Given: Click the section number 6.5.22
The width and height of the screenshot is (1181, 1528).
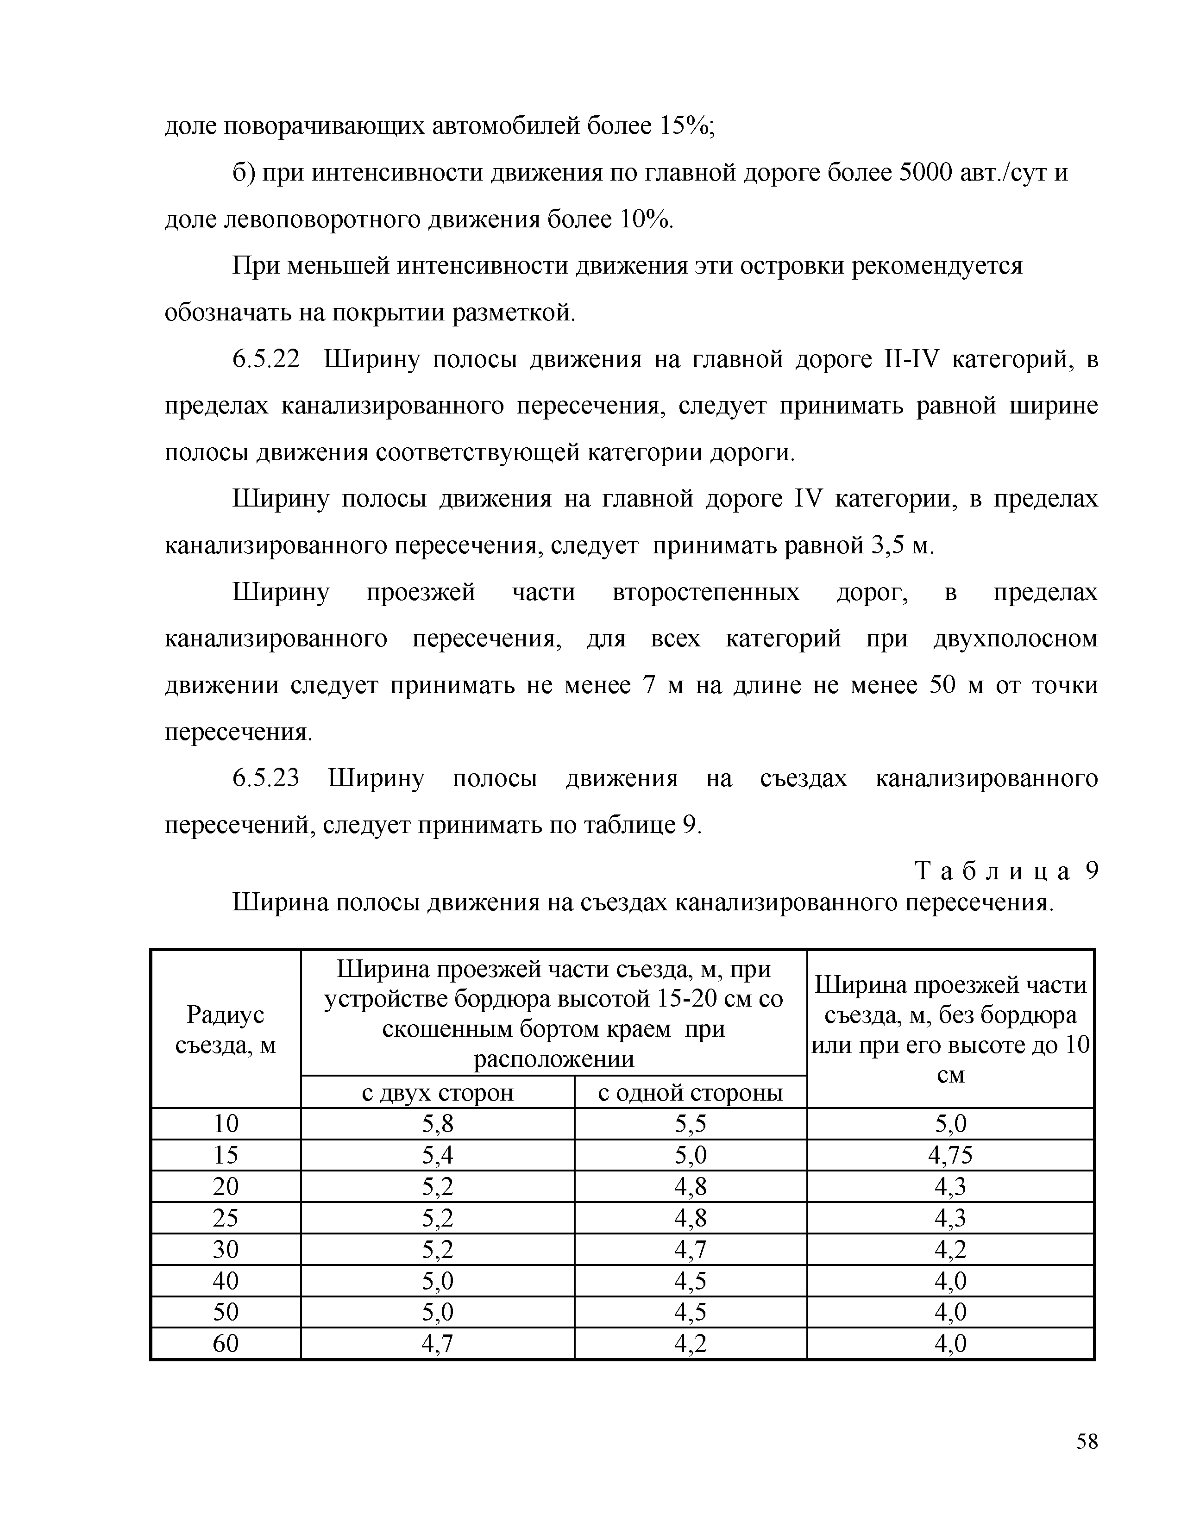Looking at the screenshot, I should [x=266, y=360].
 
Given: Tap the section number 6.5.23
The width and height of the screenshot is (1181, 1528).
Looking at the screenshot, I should [x=266, y=779].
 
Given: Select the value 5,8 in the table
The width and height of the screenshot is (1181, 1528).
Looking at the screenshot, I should [x=437, y=1124].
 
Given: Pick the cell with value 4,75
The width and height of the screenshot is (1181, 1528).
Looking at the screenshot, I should [x=950, y=1155].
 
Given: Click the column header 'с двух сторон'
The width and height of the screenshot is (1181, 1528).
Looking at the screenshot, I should [x=437, y=1093].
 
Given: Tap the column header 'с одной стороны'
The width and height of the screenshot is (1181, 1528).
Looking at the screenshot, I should [x=690, y=1093].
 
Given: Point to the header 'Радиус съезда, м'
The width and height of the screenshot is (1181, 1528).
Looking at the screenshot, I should [x=225, y=1030].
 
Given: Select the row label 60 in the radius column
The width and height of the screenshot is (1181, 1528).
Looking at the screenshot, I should [x=225, y=1343].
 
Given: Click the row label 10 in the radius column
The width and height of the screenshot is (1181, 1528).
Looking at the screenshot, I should [x=225, y=1124].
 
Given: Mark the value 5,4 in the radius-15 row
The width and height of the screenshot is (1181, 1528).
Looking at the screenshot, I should [x=437, y=1155].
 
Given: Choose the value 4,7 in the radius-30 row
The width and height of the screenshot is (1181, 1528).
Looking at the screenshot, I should [x=690, y=1250].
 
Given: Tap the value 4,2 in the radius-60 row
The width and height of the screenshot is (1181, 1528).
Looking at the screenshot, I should [x=690, y=1343].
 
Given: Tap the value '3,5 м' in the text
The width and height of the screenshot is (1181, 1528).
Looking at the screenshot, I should [x=903, y=546].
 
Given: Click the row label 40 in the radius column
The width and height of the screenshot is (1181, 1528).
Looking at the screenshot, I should [x=225, y=1281].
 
